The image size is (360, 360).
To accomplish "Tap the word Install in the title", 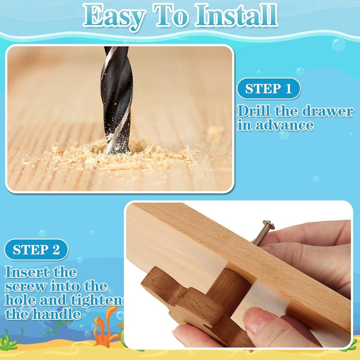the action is click(x=237, y=15).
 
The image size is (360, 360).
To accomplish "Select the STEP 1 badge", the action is click(x=269, y=89).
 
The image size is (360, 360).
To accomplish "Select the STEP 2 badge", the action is click(x=36, y=250).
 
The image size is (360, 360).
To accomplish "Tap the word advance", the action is click(x=285, y=125).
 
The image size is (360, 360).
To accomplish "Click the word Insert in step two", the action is click(x=27, y=272).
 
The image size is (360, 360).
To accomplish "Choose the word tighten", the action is click(x=97, y=300).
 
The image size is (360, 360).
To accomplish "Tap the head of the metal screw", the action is click(x=269, y=225).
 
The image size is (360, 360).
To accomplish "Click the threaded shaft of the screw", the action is click(x=260, y=235).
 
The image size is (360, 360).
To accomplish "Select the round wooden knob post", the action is click(x=229, y=290).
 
